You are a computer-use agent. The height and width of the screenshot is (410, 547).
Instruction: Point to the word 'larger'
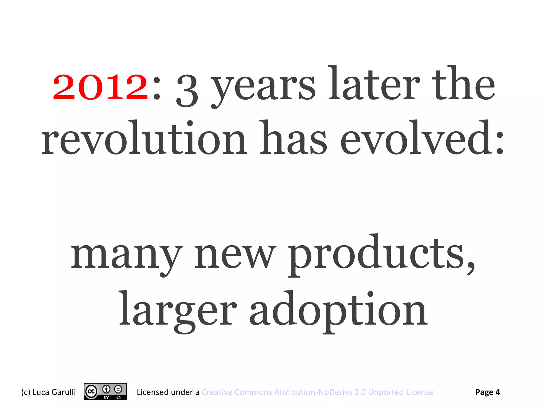click(177, 311)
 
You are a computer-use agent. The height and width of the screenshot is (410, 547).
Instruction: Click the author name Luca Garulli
click(54, 392)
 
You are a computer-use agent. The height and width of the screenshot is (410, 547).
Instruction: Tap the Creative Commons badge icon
click(105, 392)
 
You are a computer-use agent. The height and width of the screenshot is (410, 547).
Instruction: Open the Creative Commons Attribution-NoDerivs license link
click(317, 392)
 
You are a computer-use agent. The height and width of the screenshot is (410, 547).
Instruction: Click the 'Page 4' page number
click(487, 392)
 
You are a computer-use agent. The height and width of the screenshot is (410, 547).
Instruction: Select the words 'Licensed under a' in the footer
click(168, 392)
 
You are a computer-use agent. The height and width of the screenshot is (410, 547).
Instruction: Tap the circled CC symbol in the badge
click(91, 391)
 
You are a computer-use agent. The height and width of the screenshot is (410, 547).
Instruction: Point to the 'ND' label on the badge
click(118, 398)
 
